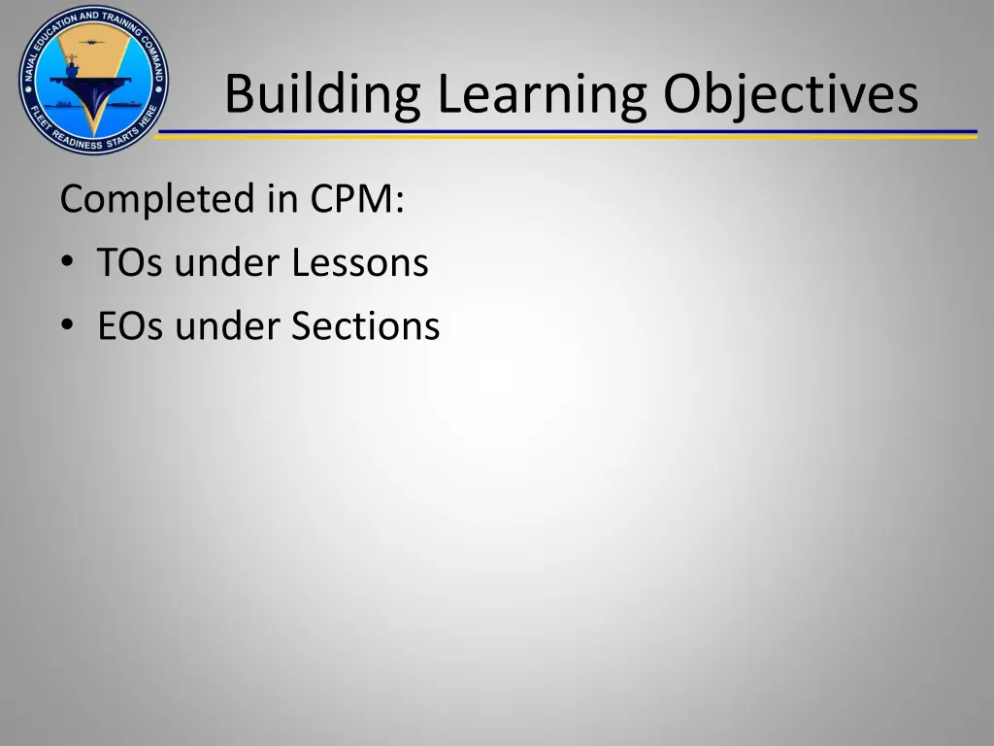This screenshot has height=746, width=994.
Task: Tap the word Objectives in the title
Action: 790,95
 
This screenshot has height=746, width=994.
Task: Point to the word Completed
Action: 155,200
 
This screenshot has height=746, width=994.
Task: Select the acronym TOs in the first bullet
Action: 132,262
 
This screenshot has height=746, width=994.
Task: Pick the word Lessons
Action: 361,262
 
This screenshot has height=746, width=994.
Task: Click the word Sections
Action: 366,325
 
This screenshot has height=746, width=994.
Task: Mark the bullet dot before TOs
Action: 65,263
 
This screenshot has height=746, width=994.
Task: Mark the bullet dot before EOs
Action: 65,326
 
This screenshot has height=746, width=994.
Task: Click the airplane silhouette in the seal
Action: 92,43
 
